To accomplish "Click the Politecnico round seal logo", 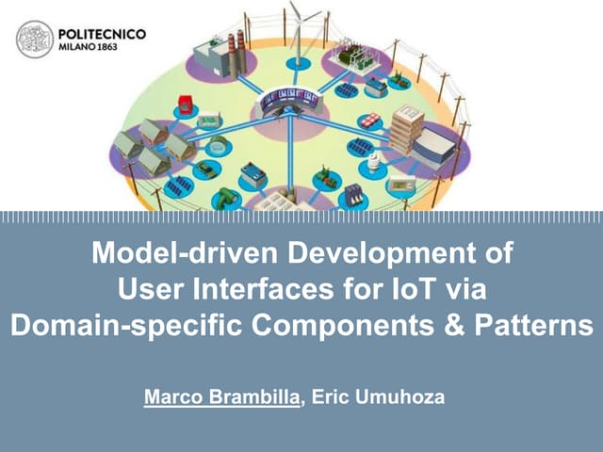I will (x=35, y=39).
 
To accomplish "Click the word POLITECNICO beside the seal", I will (x=103, y=33).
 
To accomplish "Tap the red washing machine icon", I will (x=187, y=105).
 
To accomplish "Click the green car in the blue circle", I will (x=226, y=197).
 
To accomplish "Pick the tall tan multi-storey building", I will (x=407, y=128).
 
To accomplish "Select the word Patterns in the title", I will (x=544, y=325).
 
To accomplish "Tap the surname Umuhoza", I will (x=401, y=397).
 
